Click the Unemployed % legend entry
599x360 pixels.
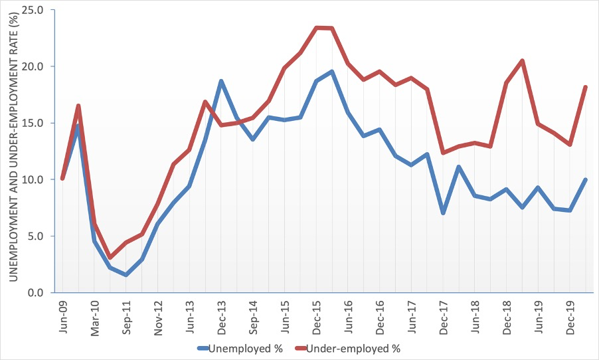coord(240,347)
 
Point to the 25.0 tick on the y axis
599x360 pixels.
coord(34,11)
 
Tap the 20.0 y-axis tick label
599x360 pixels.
coord(34,67)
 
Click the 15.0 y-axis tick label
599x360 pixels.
coord(34,124)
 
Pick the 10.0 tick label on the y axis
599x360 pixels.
coord(34,180)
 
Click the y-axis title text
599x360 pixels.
coord(13,151)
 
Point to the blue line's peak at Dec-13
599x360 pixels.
coord(220,81)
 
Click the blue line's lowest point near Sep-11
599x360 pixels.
coord(126,274)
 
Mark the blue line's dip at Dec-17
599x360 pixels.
coord(443,213)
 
